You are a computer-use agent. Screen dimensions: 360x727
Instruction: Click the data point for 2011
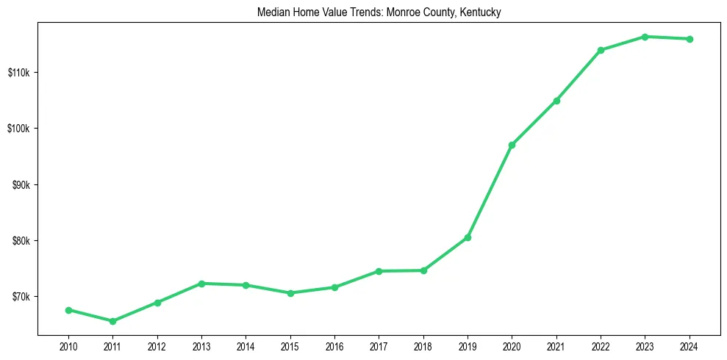pyautogui.click(x=112, y=321)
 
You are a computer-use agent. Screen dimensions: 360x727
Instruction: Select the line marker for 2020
pyautogui.click(x=512, y=145)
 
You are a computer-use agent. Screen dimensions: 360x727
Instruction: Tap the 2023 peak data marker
pyautogui.click(x=645, y=37)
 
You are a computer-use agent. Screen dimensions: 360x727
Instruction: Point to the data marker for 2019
pyautogui.click(x=468, y=237)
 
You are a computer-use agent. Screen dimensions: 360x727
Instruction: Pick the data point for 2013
pyautogui.click(x=201, y=284)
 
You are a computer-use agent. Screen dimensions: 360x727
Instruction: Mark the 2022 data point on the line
pyautogui.click(x=601, y=50)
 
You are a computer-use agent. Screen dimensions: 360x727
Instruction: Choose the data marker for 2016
pyautogui.click(x=334, y=287)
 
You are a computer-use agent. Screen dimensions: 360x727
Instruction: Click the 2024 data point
pyautogui.click(x=690, y=39)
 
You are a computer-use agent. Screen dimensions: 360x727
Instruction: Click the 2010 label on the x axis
pyautogui.click(x=68, y=346)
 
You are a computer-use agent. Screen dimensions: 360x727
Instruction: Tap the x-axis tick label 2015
pyautogui.click(x=290, y=346)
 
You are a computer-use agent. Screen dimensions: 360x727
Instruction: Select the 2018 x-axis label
pyautogui.click(x=423, y=346)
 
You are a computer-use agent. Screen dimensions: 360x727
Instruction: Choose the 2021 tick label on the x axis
pyautogui.click(x=556, y=346)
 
